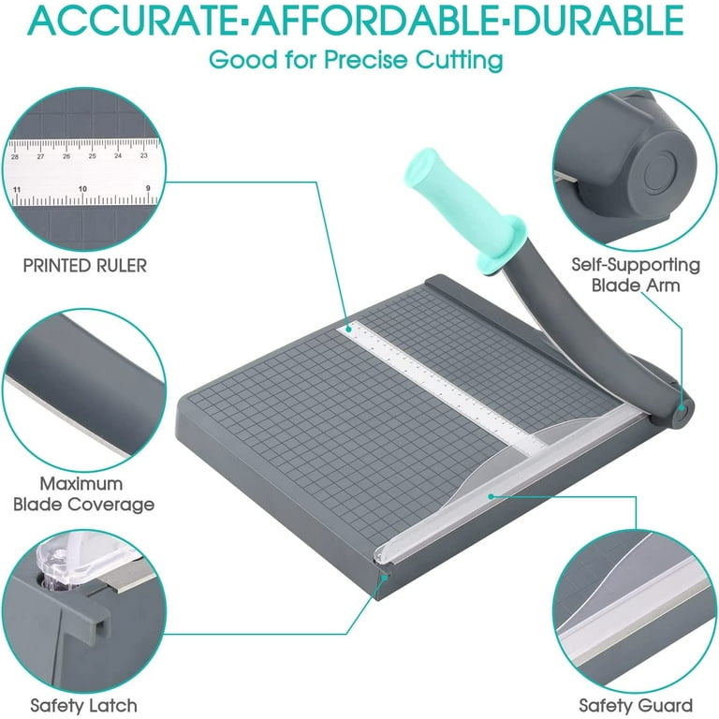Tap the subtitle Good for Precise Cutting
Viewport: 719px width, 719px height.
coord(356,59)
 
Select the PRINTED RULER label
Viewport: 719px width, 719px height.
coord(84,266)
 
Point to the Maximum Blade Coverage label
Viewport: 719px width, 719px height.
coord(83,494)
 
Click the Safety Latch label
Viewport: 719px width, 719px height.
coord(83,705)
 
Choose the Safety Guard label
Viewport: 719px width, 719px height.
coord(635,705)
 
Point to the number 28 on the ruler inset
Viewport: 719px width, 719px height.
coord(15,156)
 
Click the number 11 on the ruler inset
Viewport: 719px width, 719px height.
coord(18,189)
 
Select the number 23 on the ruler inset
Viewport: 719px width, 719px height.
coord(143,155)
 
